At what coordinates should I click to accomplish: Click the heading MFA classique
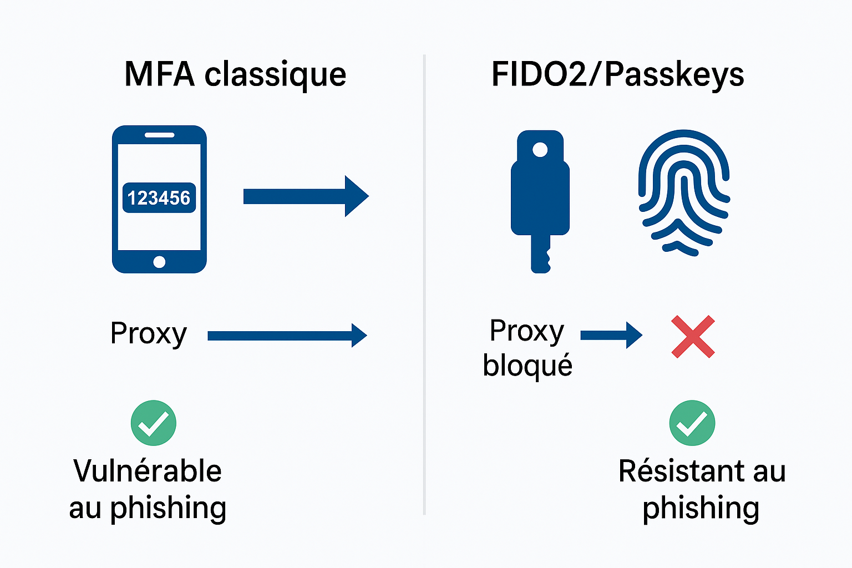[x=235, y=74]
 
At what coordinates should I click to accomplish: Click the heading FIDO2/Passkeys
[x=617, y=74]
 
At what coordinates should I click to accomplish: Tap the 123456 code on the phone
[x=159, y=198]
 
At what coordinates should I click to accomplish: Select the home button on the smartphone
[x=159, y=262]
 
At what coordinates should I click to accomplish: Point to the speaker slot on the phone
[x=159, y=135]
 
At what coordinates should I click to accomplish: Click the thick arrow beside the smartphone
[x=305, y=196]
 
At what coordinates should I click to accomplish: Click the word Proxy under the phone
[x=149, y=334]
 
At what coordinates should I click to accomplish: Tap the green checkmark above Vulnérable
[x=154, y=423]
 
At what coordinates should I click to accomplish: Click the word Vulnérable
[x=148, y=471]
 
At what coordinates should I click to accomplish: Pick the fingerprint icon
[x=684, y=192]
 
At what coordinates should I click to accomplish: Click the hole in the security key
[x=540, y=150]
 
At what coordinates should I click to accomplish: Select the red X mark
[x=693, y=337]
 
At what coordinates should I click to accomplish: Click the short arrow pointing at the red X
[x=611, y=335]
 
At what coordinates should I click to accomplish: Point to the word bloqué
[x=528, y=366]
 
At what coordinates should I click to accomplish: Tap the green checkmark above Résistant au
[x=692, y=423]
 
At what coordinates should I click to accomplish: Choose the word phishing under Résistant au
[x=701, y=508]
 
